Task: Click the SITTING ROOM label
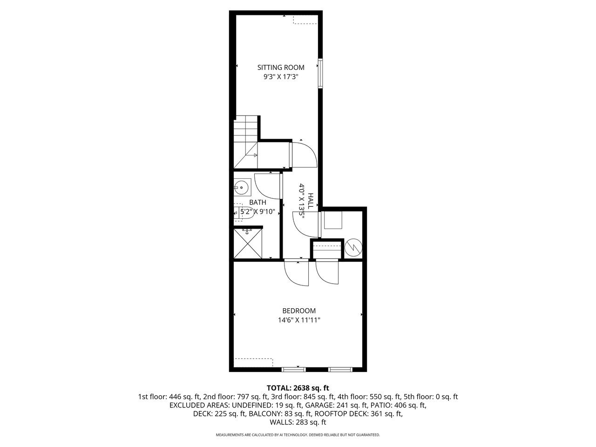click(281, 68)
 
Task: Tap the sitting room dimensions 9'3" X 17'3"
click(281, 77)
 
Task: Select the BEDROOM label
click(299, 311)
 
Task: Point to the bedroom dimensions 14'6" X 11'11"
click(299, 320)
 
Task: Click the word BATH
click(257, 202)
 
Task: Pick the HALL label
click(311, 201)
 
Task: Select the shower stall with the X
click(248, 244)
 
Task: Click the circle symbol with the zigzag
click(353, 248)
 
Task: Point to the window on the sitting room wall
click(320, 73)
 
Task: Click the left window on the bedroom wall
click(293, 369)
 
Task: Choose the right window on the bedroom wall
click(340, 369)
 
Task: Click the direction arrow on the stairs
click(252, 155)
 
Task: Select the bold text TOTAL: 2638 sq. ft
click(298, 388)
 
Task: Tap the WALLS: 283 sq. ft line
click(298, 422)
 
